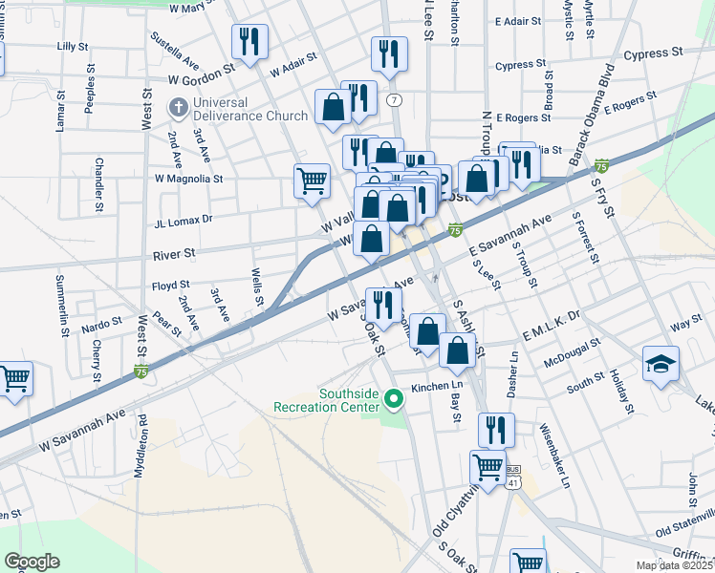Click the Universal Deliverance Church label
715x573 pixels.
coord(250,109)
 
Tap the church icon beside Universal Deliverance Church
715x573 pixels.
coord(178,109)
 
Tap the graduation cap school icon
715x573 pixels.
coord(661,363)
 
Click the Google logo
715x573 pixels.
coord(32,562)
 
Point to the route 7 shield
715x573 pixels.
coord(393,99)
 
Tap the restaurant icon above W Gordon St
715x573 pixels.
coord(249,41)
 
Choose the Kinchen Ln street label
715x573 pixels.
coord(436,388)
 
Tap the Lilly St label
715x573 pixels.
coord(73,46)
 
